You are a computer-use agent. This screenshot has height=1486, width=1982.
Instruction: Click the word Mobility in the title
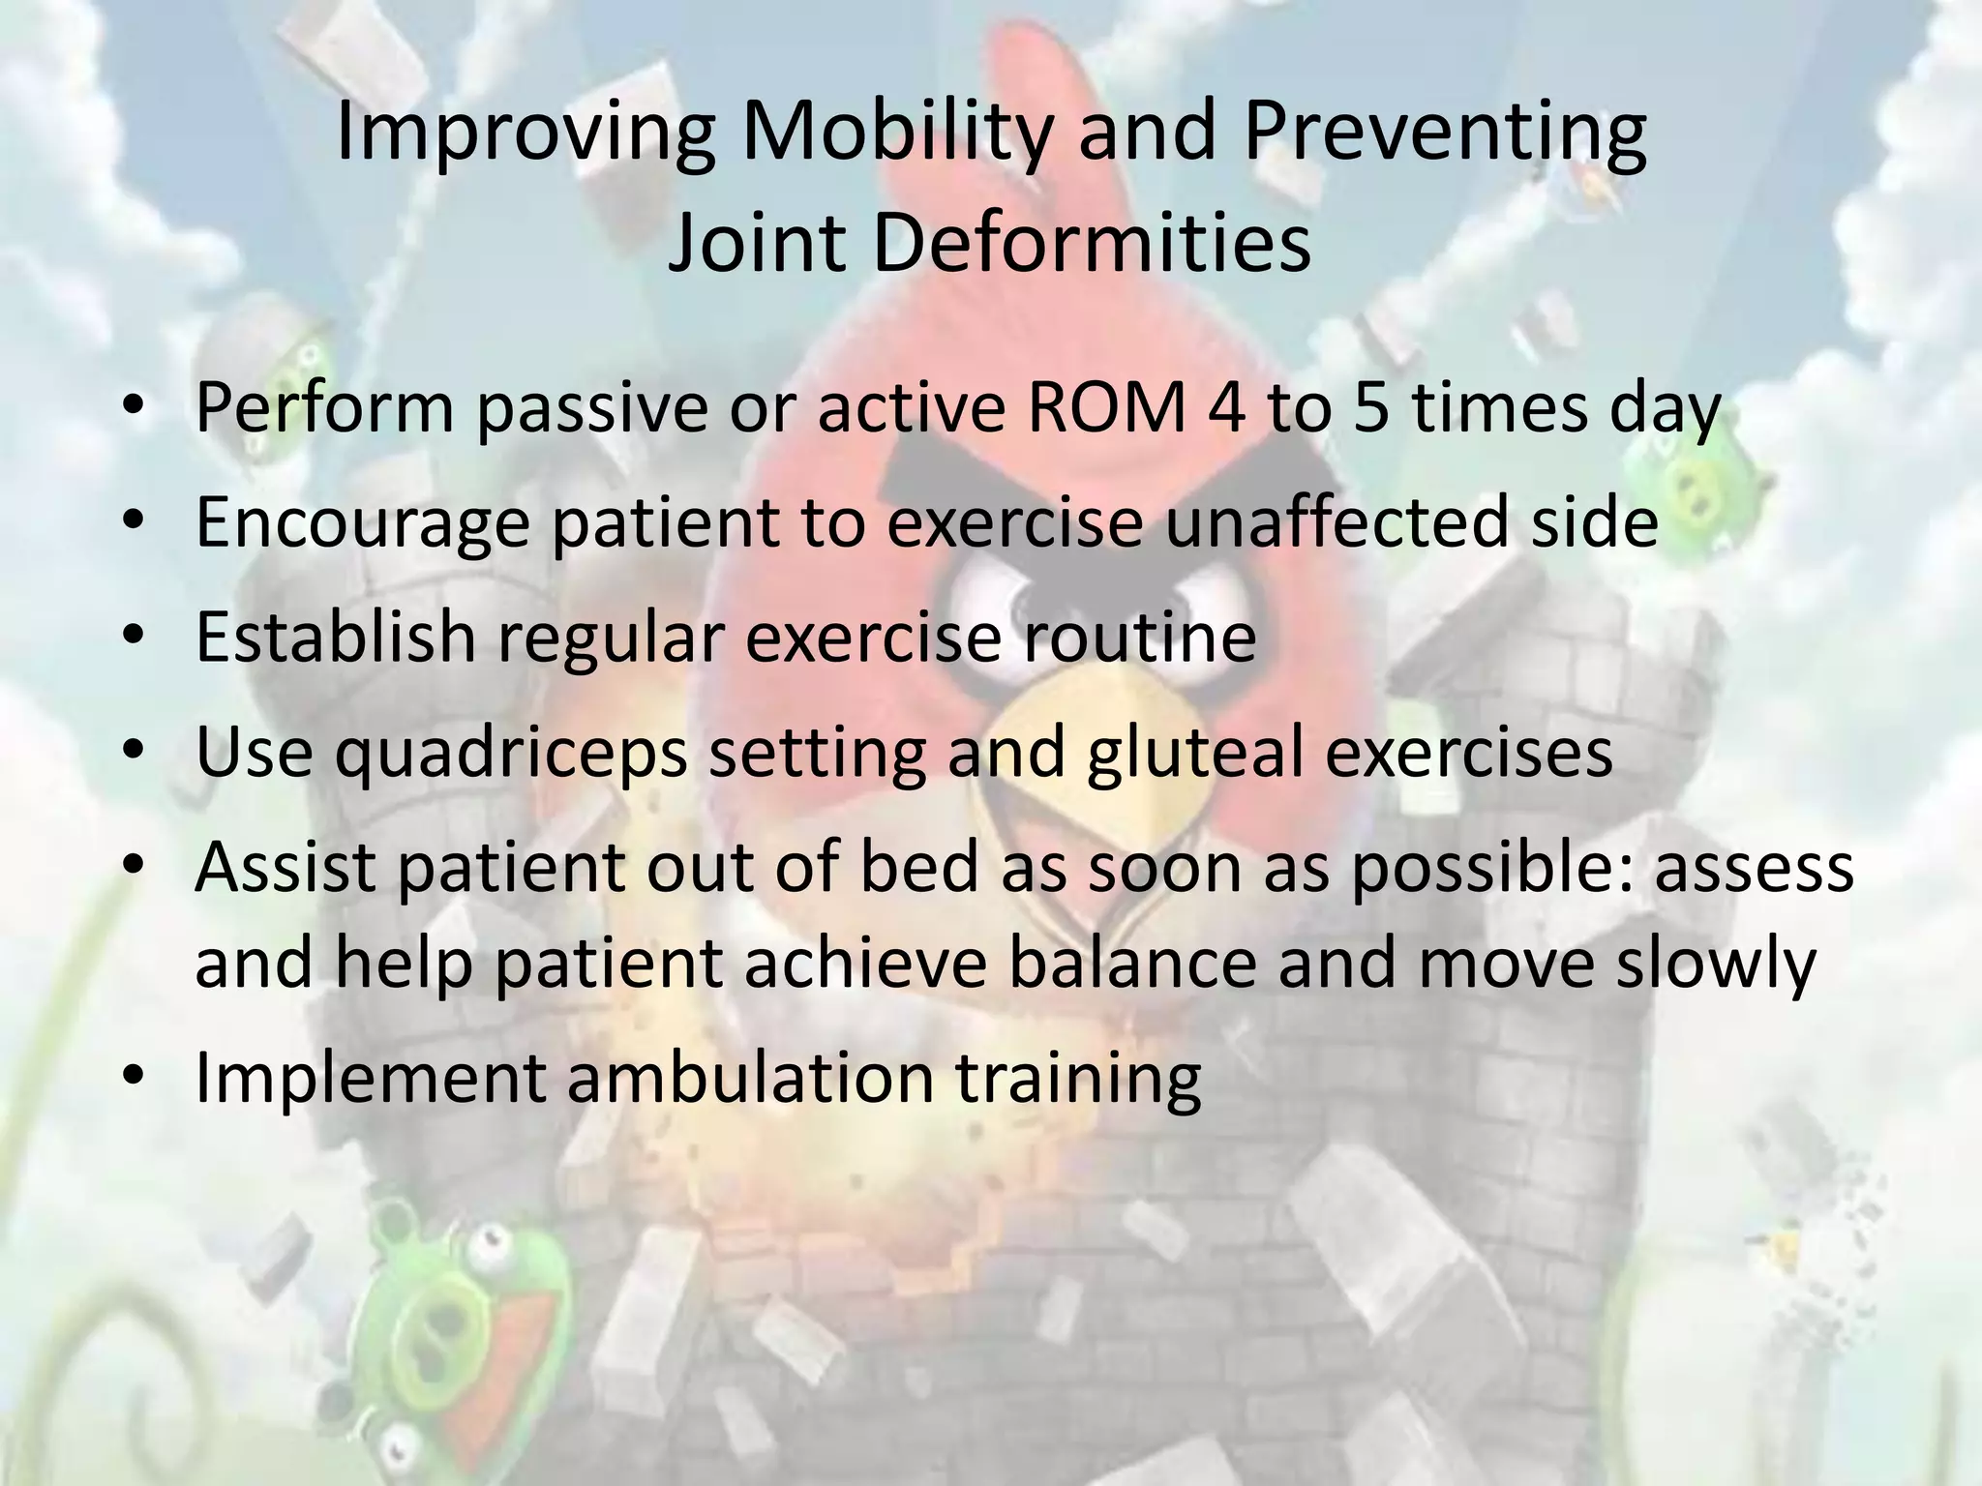[x=896, y=133]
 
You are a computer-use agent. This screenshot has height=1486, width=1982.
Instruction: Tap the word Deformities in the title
[x=1092, y=244]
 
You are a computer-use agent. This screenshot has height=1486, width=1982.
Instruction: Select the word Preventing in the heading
[x=1444, y=133]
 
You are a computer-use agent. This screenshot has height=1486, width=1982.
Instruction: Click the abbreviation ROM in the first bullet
[x=1105, y=407]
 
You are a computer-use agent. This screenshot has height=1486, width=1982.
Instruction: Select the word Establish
[x=335, y=637]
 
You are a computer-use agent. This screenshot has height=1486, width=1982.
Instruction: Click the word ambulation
[x=750, y=1078]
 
